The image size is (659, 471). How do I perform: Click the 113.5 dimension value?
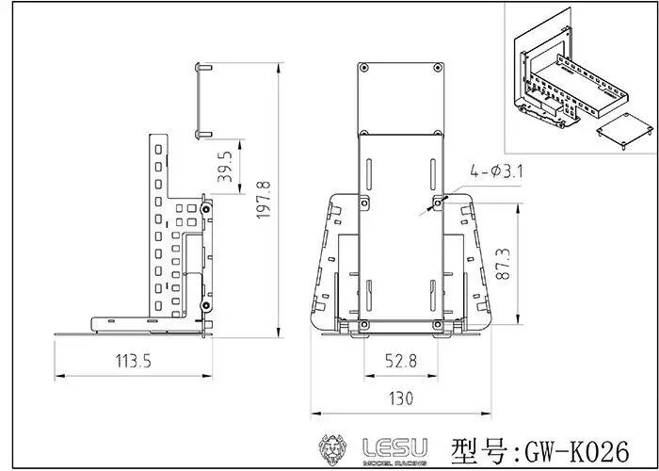[x=134, y=361]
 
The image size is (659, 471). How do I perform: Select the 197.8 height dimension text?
[x=264, y=200]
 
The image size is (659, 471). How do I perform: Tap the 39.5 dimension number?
[x=225, y=166]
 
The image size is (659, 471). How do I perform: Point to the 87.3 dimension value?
[x=503, y=264]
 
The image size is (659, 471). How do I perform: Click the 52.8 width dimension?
[x=401, y=361]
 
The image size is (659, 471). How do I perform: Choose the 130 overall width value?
[x=401, y=398]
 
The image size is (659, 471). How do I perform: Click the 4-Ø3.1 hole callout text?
[x=496, y=171]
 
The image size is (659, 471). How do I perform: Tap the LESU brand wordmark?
[x=395, y=447]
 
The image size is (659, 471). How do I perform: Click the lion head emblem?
[x=333, y=450]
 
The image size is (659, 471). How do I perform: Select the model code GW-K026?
[x=577, y=451]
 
